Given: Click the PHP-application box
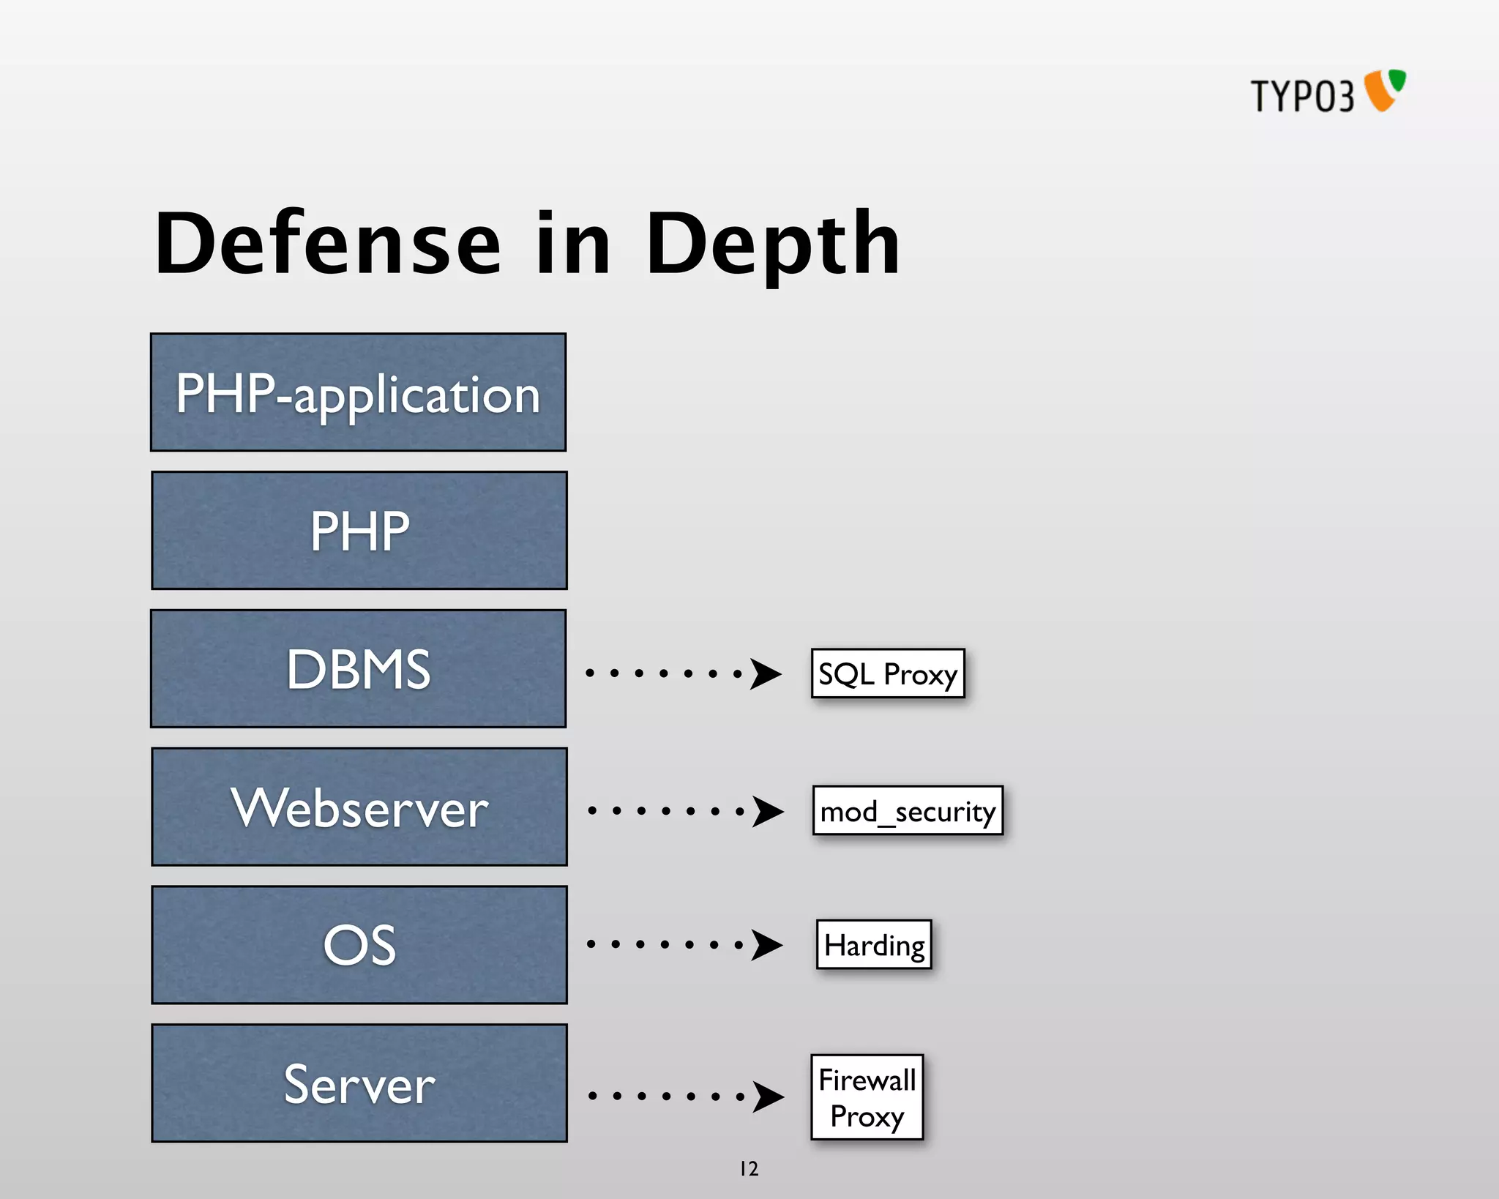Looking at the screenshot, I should tap(358, 392).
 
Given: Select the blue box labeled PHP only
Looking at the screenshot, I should tap(359, 530).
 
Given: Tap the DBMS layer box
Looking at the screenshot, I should tap(358, 668).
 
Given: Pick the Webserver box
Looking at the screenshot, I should tap(359, 807).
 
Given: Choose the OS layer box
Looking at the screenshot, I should tap(359, 944).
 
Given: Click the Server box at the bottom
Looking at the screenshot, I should tap(359, 1083).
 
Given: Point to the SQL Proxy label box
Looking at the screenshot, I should tap(888, 673).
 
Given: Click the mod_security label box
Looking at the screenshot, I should tap(908, 810).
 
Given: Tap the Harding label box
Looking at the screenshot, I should tap(874, 944).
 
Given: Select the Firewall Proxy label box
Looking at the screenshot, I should tap(867, 1097).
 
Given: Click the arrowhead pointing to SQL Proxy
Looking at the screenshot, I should tap(766, 674).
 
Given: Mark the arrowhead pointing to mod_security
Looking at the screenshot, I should tap(769, 811).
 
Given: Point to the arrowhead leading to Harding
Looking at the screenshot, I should tap(767, 944).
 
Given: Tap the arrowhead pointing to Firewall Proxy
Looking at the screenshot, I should tap(769, 1097).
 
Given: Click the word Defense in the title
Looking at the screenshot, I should tap(327, 243).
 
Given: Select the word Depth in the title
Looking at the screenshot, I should tap(773, 244).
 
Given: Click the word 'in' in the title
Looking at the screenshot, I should tap(573, 243).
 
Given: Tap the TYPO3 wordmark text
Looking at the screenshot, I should tap(1302, 96).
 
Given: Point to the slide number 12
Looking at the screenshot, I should tap(749, 1169).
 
